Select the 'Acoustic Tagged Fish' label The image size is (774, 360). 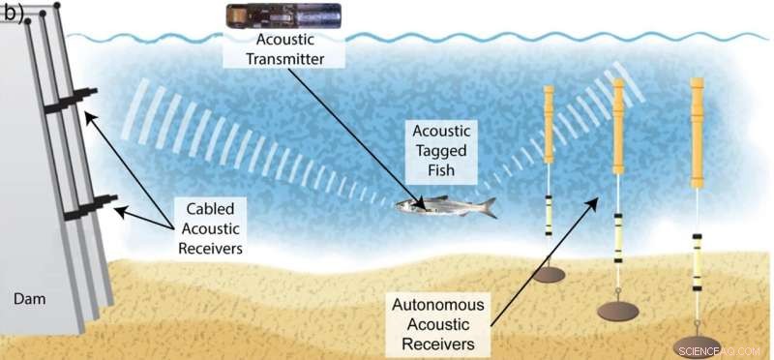442,152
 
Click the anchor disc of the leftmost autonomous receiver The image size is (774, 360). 549,275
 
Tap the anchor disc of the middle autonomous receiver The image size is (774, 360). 617,311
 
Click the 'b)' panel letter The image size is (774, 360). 15,15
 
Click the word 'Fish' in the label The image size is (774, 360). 442,173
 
